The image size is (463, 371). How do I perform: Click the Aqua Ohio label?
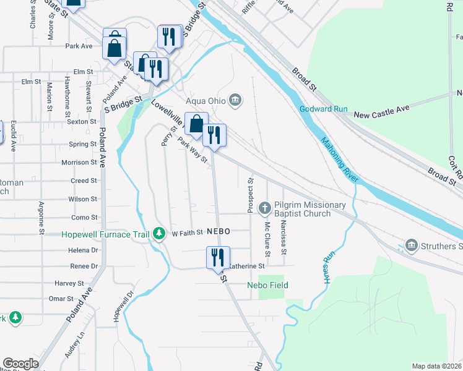tap(206, 100)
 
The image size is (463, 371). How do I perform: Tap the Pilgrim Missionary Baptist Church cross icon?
tap(265, 207)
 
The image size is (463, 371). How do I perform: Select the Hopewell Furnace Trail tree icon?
tap(160, 234)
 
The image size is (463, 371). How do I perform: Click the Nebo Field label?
tap(267, 285)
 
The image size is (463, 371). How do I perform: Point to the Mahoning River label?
tap(339, 160)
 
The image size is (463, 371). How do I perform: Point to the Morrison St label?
tap(79, 163)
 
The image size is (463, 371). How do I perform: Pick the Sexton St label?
tap(81, 122)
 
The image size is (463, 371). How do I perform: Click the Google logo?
tap(20, 364)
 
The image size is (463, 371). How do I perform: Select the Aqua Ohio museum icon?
tap(235, 100)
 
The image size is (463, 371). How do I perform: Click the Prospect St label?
tap(251, 196)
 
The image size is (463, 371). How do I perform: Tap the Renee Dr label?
tap(84, 267)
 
